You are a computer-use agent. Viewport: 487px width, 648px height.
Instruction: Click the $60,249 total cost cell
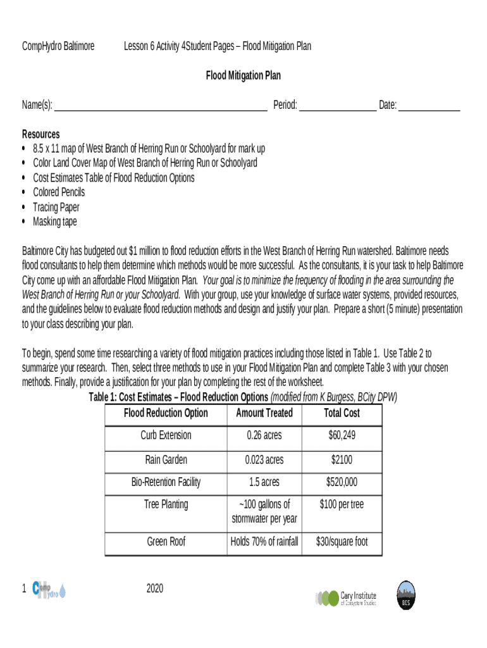coord(342,435)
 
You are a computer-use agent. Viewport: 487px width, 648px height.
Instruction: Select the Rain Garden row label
coord(166,459)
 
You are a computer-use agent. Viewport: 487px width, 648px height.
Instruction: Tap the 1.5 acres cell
coord(264,482)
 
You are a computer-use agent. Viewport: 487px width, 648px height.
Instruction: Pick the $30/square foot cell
coord(342,542)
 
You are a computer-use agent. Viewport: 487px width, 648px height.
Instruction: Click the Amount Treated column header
coord(264,413)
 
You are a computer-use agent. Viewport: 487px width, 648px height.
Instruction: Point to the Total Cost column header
coord(342,413)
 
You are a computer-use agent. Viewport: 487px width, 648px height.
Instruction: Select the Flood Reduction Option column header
coord(166,413)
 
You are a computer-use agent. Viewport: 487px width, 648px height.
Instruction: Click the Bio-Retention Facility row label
coord(166,482)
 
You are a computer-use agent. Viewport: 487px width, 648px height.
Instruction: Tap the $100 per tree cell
coord(342,505)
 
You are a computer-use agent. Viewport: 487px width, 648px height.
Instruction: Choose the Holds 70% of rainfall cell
coord(264,542)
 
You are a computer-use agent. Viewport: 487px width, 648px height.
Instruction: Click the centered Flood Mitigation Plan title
coord(244,76)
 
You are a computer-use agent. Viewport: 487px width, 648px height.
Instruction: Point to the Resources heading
coord(41,134)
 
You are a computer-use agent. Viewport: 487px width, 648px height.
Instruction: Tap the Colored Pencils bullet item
coord(59,192)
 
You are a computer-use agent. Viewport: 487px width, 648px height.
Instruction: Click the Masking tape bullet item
coord(55,221)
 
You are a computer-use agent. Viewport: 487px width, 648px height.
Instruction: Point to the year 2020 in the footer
coord(155,589)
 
